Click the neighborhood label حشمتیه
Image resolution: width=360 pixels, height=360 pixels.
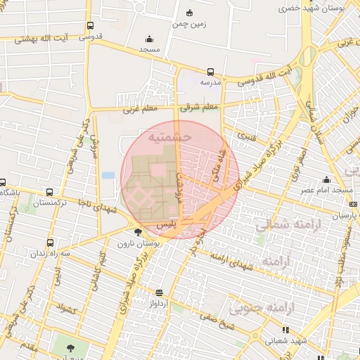tap(166, 138)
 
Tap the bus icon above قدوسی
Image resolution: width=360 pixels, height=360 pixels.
tap(89, 26)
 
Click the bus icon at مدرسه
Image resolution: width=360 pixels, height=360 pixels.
tap(210, 72)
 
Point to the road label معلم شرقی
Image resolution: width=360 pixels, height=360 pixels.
tap(200, 108)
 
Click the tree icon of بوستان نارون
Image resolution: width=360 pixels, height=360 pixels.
tap(137, 231)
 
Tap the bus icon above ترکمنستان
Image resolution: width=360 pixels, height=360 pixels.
tap(49, 192)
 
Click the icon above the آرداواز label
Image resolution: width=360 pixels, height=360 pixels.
tap(159, 292)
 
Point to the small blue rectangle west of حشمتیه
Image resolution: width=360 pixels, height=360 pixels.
tap(108, 175)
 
